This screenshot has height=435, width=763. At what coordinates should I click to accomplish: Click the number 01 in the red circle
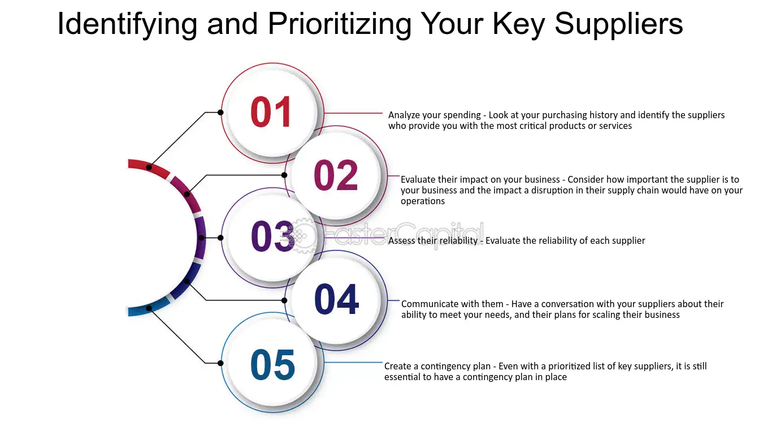pos(271,111)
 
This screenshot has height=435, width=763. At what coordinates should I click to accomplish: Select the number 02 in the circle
pos(336,175)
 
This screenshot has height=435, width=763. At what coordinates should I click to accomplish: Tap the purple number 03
pos(272,236)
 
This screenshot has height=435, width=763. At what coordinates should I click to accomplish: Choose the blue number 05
pos(272,365)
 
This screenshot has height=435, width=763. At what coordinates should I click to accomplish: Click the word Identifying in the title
pos(127,24)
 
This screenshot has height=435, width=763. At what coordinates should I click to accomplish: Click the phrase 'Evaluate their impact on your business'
pos(480,179)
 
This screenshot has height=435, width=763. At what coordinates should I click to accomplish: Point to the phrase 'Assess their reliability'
pos(433,240)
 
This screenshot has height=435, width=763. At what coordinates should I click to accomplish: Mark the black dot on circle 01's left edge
pos(220,112)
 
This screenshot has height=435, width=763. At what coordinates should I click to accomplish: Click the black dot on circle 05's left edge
pos(220,363)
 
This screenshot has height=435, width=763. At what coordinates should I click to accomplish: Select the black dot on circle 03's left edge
pos(220,238)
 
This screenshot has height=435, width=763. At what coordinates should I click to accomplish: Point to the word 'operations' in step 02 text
pos(423,201)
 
